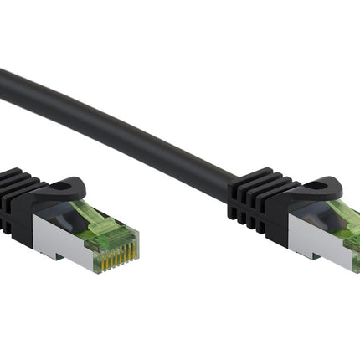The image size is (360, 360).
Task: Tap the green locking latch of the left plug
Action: tap(94, 219)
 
